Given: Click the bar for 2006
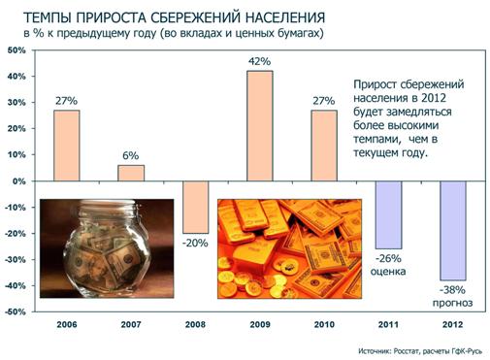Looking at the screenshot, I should coord(66,146).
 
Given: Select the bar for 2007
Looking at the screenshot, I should coord(130,173).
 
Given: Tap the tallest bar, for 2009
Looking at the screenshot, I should coord(259,126).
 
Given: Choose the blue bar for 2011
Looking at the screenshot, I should coord(388,214).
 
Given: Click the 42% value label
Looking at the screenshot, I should coord(259,62).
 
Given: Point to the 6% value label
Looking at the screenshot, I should coord(130,156).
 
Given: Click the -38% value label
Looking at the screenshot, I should coord(452,289).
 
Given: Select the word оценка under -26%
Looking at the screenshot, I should coord(388,273).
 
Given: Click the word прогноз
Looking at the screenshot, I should coord(452,303).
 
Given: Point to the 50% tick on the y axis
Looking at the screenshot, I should coord(16,49).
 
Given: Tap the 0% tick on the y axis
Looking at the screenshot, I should coord(19,181).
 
